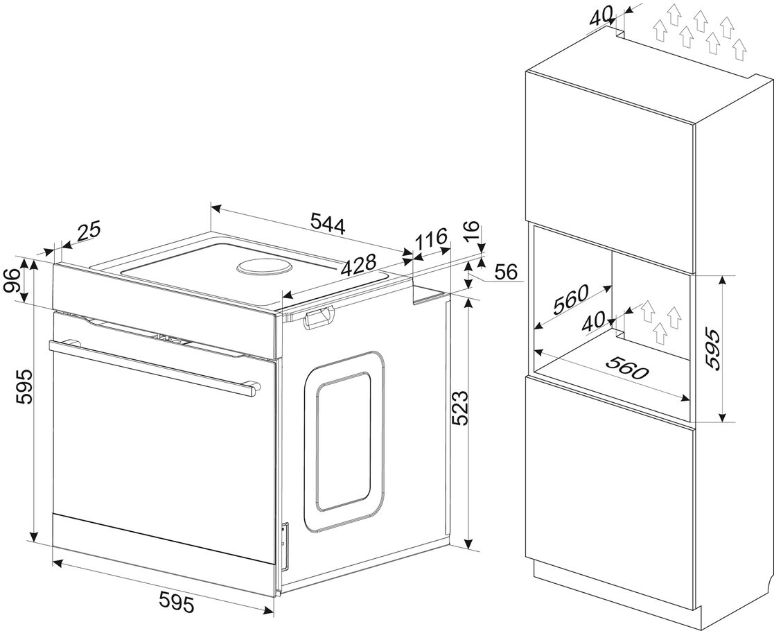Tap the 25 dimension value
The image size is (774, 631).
pyautogui.click(x=89, y=232)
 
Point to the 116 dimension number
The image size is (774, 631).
pyautogui.click(x=430, y=239)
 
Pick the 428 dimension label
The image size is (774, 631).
pyautogui.click(x=359, y=266)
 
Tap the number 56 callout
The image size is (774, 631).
pyautogui.click(x=505, y=272)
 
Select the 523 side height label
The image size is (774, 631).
pyautogui.click(x=461, y=408)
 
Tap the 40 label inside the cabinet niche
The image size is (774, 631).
pyautogui.click(x=594, y=322)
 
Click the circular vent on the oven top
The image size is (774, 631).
pyautogui.click(x=264, y=268)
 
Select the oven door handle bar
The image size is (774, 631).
pyautogui.click(x=154, y=365)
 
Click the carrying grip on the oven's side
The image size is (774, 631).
pyautogui.click(x=318, y=316)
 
